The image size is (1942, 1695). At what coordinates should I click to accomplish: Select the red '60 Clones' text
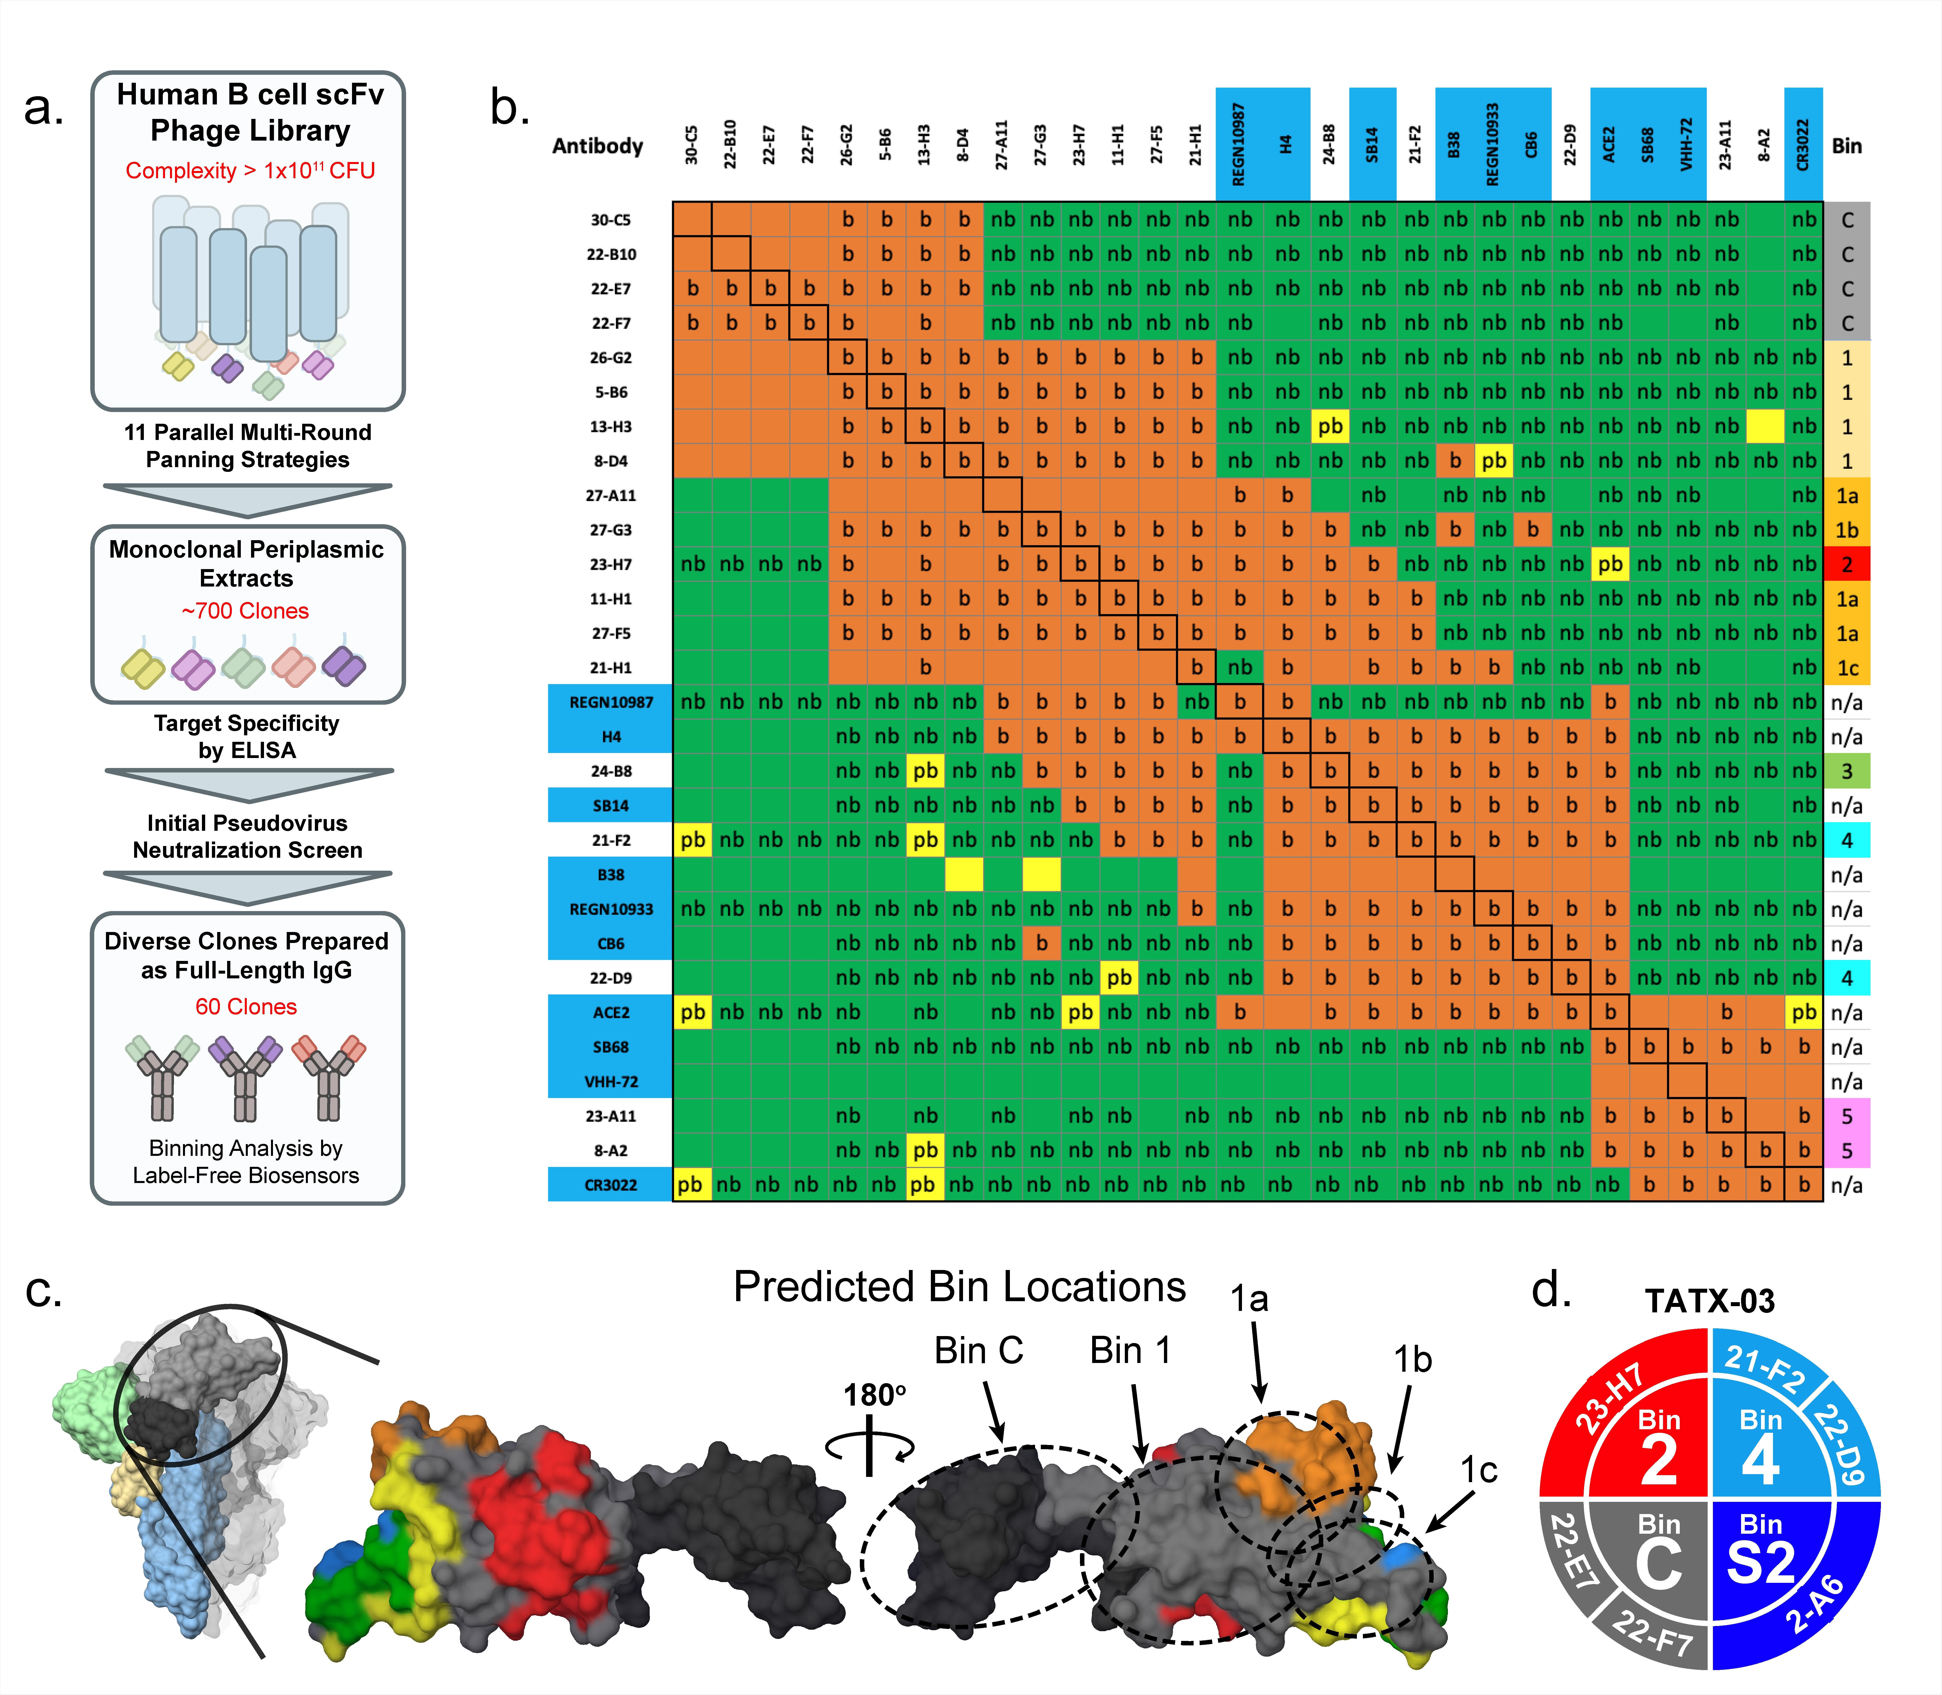(246, 1007)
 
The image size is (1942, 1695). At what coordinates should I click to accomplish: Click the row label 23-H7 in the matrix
(611, 565)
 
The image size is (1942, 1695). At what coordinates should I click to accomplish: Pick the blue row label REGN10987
(611, 702)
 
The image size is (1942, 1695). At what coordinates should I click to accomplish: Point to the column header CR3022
(1803, 145)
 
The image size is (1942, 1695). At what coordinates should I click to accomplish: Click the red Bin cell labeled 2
(1847, 565)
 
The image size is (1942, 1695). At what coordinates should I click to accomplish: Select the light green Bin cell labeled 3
(1847, 771)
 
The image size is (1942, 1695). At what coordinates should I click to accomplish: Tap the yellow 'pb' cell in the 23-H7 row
(1610, 565)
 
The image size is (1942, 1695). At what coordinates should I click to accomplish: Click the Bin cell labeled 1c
(1847, 668)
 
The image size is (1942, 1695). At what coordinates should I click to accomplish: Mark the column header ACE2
(1609, 145)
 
